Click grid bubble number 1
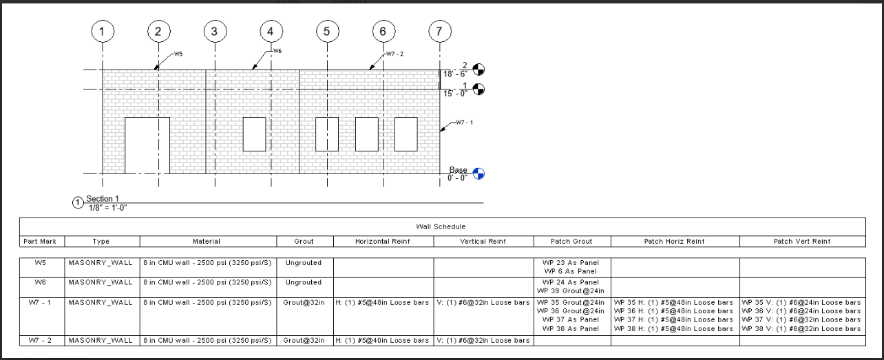click(103, 31)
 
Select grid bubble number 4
click(271, 31)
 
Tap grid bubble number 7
click(439, 31)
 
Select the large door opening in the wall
click(147, 145)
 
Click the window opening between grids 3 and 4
click(254, 134)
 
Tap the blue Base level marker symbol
click(479, 173)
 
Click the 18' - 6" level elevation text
click(456, 74)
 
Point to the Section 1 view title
click(103, 199)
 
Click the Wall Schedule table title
click(441, 226)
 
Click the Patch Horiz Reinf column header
click(675, 242)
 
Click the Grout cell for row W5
click(304, 263)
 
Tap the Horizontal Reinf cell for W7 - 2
click(383, 341)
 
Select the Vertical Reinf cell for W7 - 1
click(483, 303)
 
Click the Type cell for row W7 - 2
click(101, 341)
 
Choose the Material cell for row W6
click(207, 282)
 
